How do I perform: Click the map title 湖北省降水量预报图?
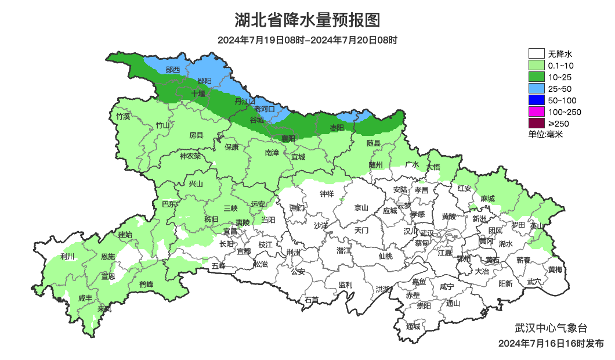[x=307, y=20]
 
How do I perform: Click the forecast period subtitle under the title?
[x=307, y=40]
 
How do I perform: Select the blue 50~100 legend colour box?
[x=537, y=100]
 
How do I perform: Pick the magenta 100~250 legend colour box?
[x=537, y=111]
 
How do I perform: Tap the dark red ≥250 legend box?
[x=537, y=123]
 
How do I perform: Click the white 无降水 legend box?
[x=537, y=54]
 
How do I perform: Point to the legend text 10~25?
[x=560, y=77]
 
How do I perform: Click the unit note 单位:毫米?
[x=545, y=134]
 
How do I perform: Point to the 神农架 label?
[x=190, y=156]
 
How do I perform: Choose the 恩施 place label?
[x=108, y=256]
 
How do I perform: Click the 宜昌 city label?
[x=230, y=231]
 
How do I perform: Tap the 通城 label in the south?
[x=413, y=326]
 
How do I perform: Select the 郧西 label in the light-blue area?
[x=173, y=70]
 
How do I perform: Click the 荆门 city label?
[x=297, y=207]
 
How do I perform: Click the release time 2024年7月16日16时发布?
[x=551, y=344]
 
